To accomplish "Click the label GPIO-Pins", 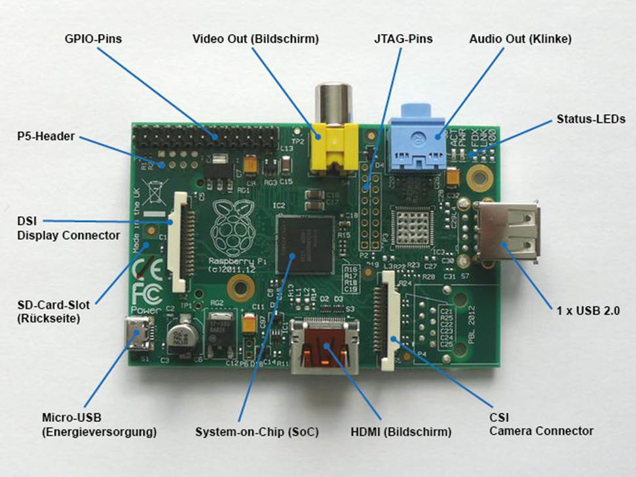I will point(94,39).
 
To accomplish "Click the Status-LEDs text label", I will point(590,119).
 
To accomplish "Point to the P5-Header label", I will point(46,137).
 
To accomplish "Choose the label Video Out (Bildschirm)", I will point(255,39).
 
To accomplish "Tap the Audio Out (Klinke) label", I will point(520,39).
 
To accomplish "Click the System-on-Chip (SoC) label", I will point(257,432).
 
